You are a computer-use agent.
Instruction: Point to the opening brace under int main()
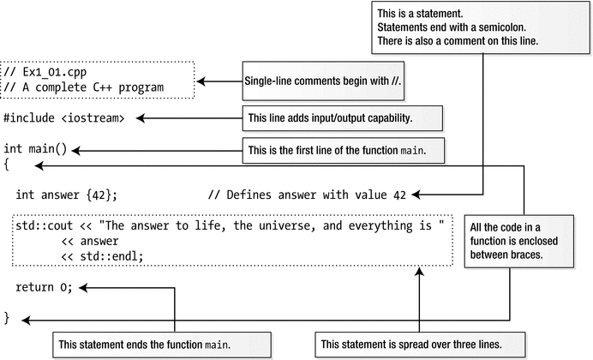coord(7,164)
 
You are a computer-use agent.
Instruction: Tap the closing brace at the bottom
coord(7,318)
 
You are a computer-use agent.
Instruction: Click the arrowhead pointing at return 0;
coord(83,287)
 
